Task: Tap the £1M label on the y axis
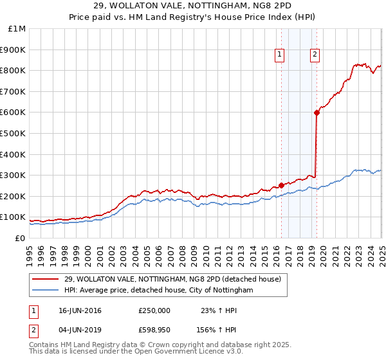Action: (17, 28)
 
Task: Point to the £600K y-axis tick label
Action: (14, 113)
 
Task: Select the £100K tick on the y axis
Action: (14, 217)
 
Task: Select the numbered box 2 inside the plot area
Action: (315, 55)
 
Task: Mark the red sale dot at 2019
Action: (317, 113)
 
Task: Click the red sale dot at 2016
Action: (281, 186)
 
